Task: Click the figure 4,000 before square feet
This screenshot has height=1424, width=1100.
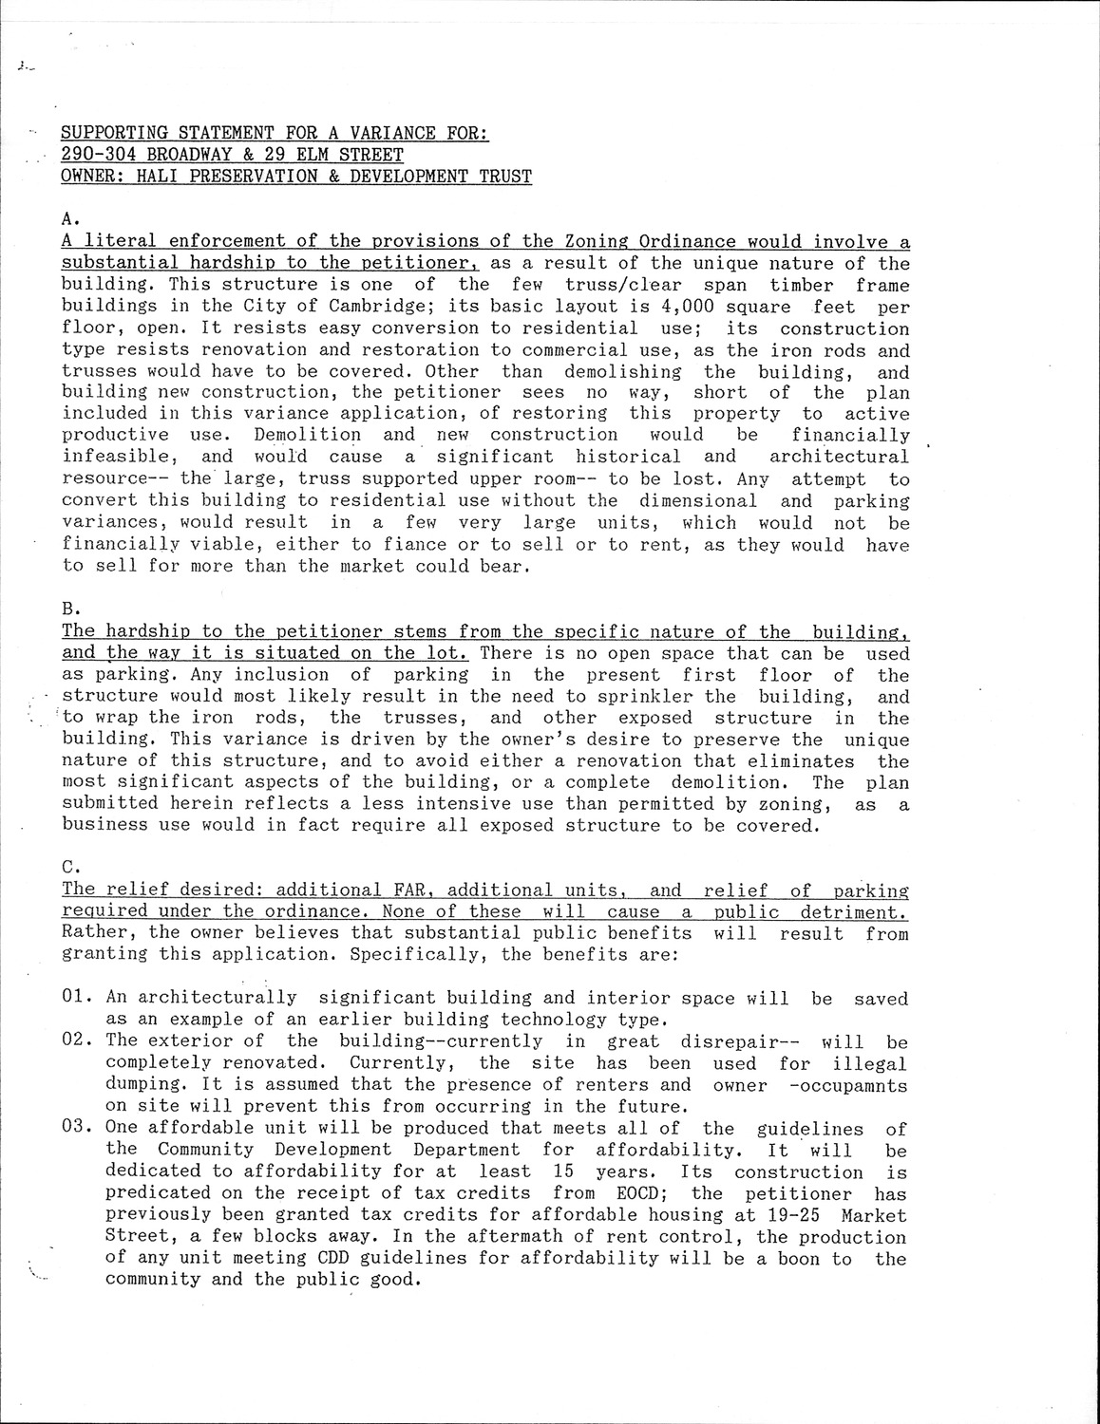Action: tap(689, 308)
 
